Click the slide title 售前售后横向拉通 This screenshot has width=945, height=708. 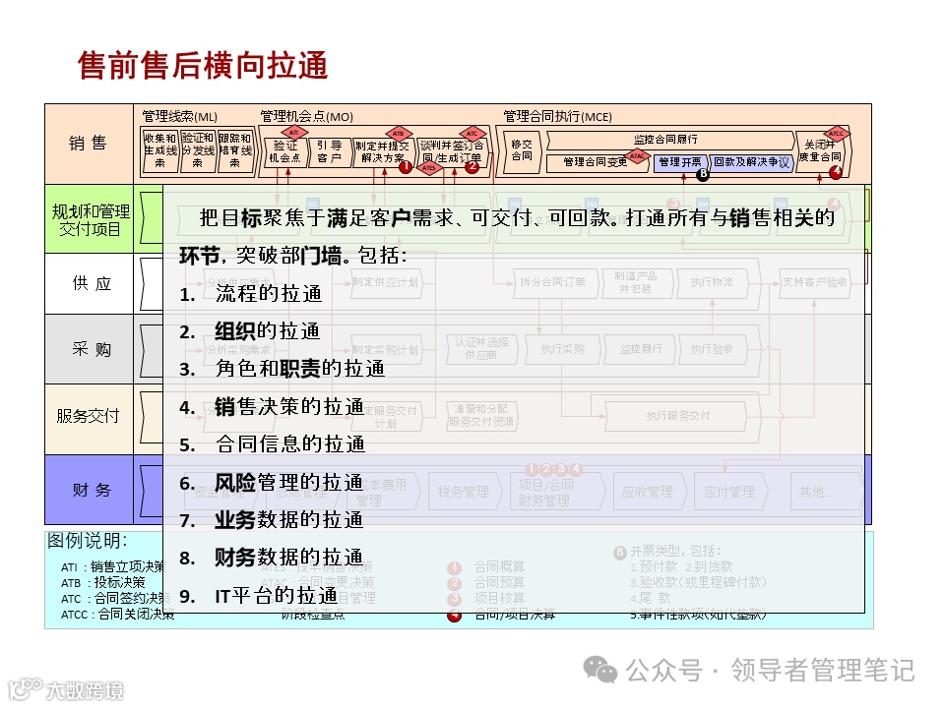(203, 66)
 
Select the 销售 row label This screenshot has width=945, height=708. (88, 144)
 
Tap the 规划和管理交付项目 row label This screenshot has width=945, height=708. (91, 219)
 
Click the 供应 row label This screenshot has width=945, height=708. (91, 283)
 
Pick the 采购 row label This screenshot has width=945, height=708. (91, 349)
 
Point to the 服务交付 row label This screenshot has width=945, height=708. (89, 415)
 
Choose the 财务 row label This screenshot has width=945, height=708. (91, 490)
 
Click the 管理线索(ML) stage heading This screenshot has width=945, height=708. (180, 116)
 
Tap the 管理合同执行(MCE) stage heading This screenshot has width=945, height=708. (557, 116)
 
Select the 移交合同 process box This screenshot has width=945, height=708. (522, 149)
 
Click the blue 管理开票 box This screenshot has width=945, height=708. (680, 161)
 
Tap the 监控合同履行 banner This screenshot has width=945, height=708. (665, 139)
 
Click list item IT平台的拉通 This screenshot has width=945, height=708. (276, 595)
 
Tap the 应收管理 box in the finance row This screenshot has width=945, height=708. (647, 492)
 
